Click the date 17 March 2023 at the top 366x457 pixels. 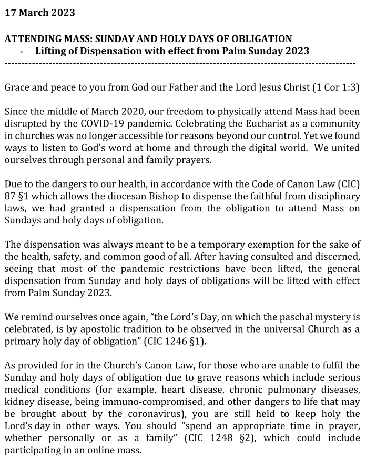[39, 12]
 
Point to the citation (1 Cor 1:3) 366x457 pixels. [335, 88]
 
